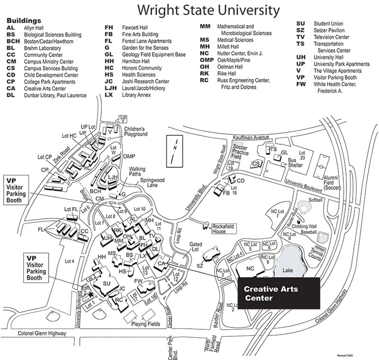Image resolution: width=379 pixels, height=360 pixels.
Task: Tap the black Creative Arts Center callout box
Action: (278, 293)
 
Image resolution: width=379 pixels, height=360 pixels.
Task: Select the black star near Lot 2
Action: (90, 294)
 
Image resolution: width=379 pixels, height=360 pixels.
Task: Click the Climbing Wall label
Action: (308, 226)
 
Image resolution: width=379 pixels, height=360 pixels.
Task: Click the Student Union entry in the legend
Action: (329, 23)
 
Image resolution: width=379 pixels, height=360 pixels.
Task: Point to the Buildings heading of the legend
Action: (24, 21)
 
